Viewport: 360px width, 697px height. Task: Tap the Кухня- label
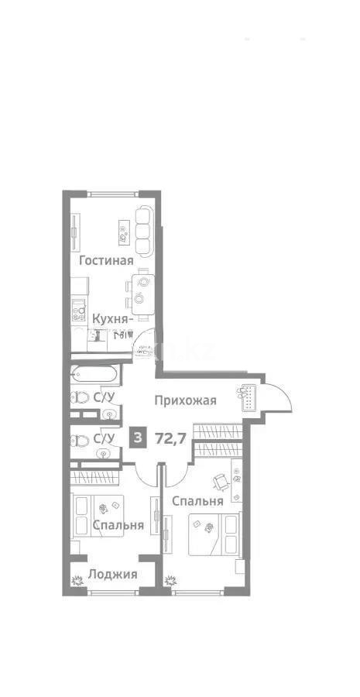113,318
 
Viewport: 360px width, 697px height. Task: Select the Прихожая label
184,400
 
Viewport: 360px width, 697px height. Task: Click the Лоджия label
112,574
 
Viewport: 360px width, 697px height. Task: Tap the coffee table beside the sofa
123,228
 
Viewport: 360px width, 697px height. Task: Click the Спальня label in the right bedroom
197,501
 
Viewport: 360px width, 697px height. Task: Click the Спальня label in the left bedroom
118,525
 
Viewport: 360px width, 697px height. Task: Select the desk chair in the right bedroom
221,480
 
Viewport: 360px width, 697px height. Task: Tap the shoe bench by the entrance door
249,397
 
